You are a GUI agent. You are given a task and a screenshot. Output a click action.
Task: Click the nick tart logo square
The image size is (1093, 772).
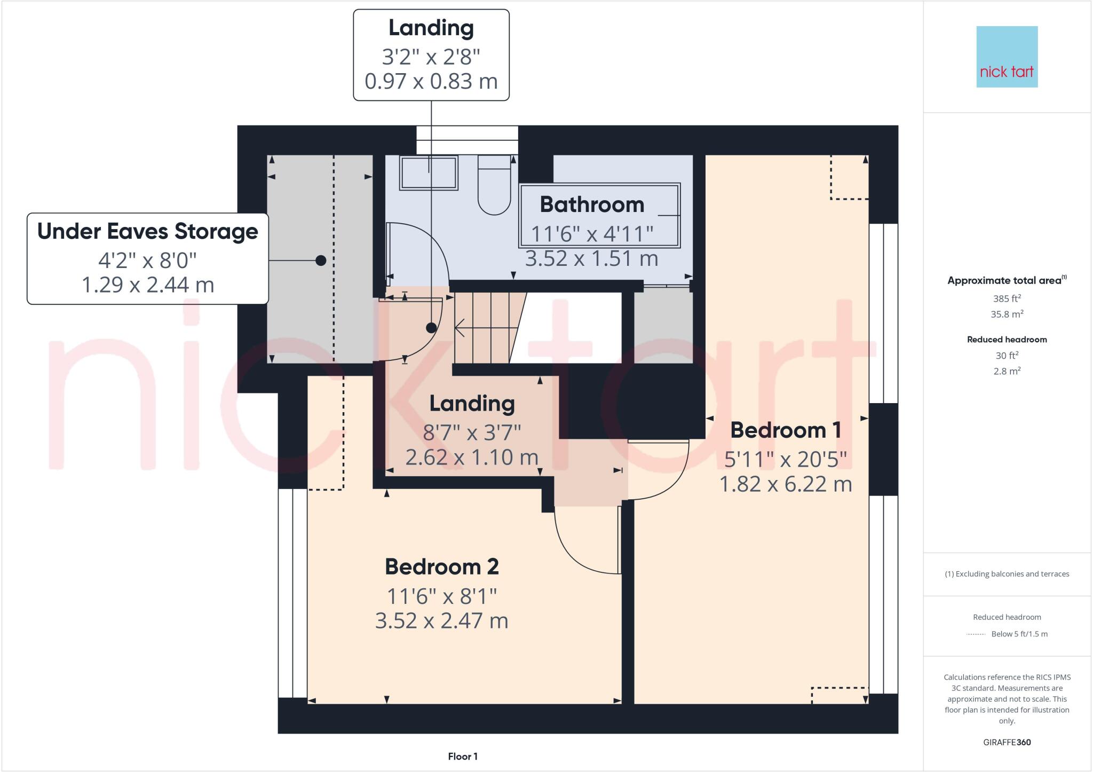tap(1007, 57)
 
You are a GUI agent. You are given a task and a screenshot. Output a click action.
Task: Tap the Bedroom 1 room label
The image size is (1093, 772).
tap(785, 430)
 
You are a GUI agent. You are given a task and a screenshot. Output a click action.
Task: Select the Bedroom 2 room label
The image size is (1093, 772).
tap(441, 566)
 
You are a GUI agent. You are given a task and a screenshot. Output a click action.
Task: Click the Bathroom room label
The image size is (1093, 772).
tap(592, 204)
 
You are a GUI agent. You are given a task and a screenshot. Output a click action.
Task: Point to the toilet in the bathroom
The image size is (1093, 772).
tap(494, 185)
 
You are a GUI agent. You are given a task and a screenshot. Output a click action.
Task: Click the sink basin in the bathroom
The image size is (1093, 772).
tap(429, 173)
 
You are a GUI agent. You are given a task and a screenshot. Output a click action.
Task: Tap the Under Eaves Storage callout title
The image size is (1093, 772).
tap(147, 231)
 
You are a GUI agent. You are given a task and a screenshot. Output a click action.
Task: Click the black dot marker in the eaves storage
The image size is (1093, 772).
tap(321, 261)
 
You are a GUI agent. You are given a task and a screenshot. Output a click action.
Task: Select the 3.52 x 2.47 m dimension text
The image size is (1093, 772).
tap(441, 620)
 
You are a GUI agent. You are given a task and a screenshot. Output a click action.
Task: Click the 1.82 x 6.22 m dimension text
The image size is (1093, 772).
tap(785, 484)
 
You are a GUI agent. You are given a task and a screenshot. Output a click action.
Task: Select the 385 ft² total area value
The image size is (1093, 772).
tap(1007, 298)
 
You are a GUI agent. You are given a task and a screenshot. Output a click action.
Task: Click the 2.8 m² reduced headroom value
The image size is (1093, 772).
tap(1007, 371)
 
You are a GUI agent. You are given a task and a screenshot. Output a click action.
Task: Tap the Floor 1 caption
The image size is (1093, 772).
tap(462, 756)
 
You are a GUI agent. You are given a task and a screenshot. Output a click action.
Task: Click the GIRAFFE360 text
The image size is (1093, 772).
tap(1007, 742)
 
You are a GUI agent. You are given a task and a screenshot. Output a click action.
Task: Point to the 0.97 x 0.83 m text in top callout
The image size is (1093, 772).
tap(431, 81)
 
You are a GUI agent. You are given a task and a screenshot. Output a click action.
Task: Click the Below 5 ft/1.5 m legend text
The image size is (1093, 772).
tap(1019, 634)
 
